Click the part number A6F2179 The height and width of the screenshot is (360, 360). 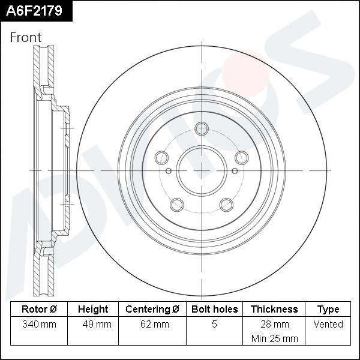35,10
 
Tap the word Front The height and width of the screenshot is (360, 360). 26,37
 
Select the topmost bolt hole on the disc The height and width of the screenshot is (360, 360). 202,128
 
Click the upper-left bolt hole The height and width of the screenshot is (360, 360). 161,157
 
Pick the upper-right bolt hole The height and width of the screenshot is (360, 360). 241,157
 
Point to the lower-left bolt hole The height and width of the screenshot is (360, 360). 176,205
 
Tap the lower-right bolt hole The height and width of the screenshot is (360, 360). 226,205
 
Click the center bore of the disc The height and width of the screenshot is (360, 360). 202,170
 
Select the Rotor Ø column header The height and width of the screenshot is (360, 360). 39,310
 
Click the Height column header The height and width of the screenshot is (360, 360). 93,310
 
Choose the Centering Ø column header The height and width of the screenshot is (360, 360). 152,310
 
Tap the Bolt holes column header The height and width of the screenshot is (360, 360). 214,310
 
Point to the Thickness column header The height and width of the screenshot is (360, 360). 274,310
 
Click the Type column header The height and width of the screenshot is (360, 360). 328,310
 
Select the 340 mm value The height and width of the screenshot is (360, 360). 39,325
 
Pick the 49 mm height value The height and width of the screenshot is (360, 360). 96,325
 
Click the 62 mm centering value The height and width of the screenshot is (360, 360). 154,325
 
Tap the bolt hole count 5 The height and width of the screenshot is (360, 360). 214,325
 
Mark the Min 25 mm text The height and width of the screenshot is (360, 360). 274,338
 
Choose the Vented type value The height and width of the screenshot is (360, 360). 328,325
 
